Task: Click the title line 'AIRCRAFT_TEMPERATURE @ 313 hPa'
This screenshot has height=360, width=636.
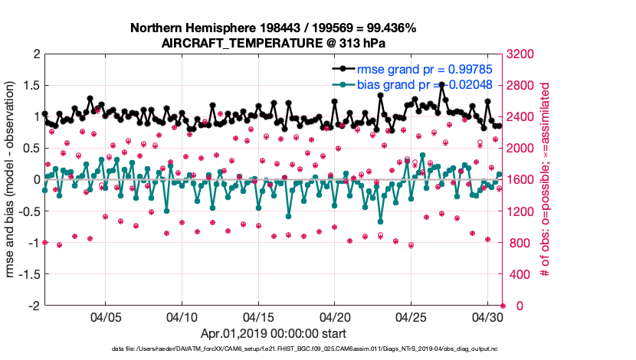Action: coord(273,43)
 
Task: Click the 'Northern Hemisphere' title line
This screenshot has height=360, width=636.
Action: coord(273,28)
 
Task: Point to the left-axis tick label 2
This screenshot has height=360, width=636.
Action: coord(35,54)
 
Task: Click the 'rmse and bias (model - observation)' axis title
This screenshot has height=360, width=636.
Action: coord(11,180)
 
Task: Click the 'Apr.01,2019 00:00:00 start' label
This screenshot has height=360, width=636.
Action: coord(273,334)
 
